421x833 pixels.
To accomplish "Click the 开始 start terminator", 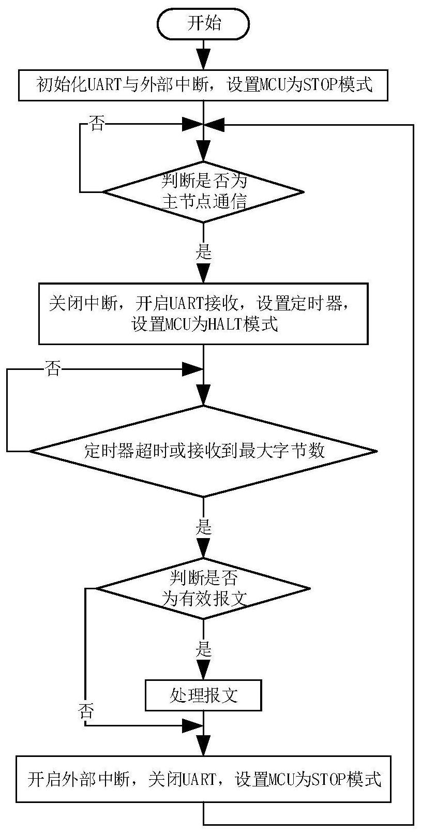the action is point(203,23).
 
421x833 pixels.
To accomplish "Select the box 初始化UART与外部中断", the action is point(203,85).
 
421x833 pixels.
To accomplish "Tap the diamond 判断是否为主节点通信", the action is point(203,192).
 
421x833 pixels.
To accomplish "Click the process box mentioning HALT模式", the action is point(203,314).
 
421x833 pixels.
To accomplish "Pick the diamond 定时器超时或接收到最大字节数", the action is point(203,451).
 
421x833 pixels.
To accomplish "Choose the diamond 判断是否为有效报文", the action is point(203,588).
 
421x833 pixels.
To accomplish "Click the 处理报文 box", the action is point(203,695).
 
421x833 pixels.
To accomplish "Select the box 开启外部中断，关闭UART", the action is point(203,779).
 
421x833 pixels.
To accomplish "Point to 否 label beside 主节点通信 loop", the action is point(97,123).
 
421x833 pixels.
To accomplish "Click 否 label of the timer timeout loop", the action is point(52,368).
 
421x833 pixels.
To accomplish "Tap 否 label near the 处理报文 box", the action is point(86,711).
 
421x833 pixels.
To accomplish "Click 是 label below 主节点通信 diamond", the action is point(203,252).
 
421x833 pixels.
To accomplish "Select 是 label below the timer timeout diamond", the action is point(203,527).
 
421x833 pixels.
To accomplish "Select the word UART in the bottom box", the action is point(199,779).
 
